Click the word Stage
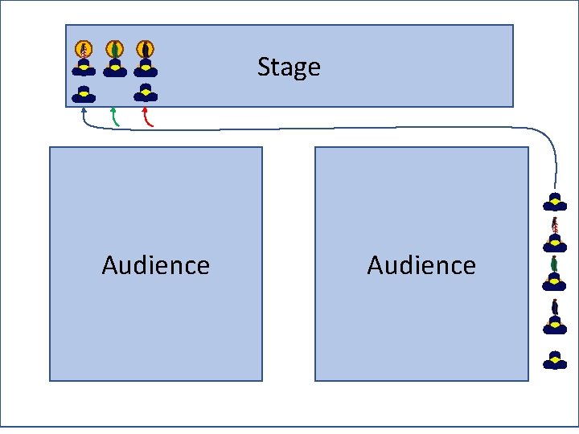pos(289,67)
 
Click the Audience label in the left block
pos(156,265)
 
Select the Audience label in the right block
pos(421,265)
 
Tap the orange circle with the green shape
pos(115,49)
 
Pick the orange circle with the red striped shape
pos(84,49)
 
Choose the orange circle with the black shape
pos(145,49)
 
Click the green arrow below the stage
pos(115,117)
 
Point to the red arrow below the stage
pos(146,117)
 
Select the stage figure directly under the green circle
pos(115,68)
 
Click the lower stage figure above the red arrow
pos(146,92)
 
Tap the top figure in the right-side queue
pos(554,201)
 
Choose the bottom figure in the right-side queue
pos(554,360)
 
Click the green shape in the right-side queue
pos(554,264)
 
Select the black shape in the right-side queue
pos(554,306)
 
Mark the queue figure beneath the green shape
pos(554,280)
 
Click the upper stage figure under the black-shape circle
pos(146,68)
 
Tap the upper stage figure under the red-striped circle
pos(84,68)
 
